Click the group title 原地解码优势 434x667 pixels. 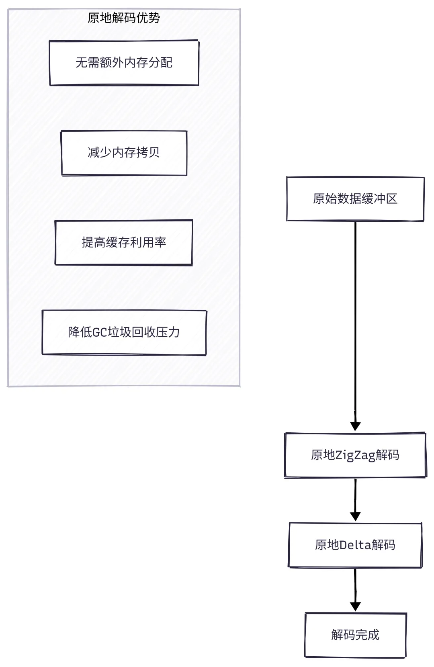coord(124,18)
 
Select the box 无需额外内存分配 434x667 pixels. coord(124,63)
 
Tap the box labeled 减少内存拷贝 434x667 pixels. coord(124,153)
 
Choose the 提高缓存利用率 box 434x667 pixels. coord(124,242)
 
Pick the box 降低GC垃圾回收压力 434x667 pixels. coord(124,332)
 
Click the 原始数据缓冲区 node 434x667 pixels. coord(355,199)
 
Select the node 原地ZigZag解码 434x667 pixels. coord(355,455)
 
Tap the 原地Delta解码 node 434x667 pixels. coord(355,545)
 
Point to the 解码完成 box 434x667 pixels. coord(355,635)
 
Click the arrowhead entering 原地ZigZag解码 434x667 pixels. coord(355,426)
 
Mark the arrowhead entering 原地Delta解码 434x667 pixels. coord(355,516)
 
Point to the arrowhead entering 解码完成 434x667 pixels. coord(355,606)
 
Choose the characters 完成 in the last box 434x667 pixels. coord(367,635)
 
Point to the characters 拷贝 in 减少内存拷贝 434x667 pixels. coord(148,153)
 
